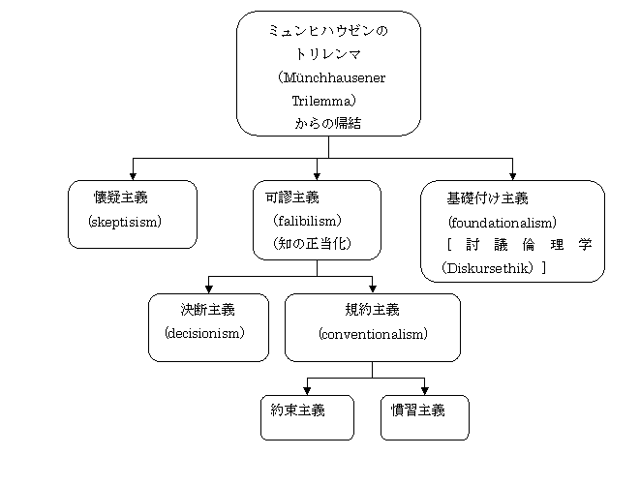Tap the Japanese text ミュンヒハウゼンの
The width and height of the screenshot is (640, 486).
point(327,32)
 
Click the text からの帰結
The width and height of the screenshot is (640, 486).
point(327,123)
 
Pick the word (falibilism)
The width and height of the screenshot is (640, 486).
point(306,221)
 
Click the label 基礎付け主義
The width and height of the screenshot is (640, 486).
point(486,198)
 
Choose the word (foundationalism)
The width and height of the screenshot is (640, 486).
point(502,222)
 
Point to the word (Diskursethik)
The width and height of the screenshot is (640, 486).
point(487,266)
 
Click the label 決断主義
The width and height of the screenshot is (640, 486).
point(207,310)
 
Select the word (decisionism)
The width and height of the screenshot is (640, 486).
point(204,333)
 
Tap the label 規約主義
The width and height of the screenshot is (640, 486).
point(372,310)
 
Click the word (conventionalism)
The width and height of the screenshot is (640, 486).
point(373,333)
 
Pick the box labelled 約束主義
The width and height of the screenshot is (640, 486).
point(307,417)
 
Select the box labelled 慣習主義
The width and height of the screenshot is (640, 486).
point(424,417)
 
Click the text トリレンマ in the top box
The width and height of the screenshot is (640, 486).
point(327,54)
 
